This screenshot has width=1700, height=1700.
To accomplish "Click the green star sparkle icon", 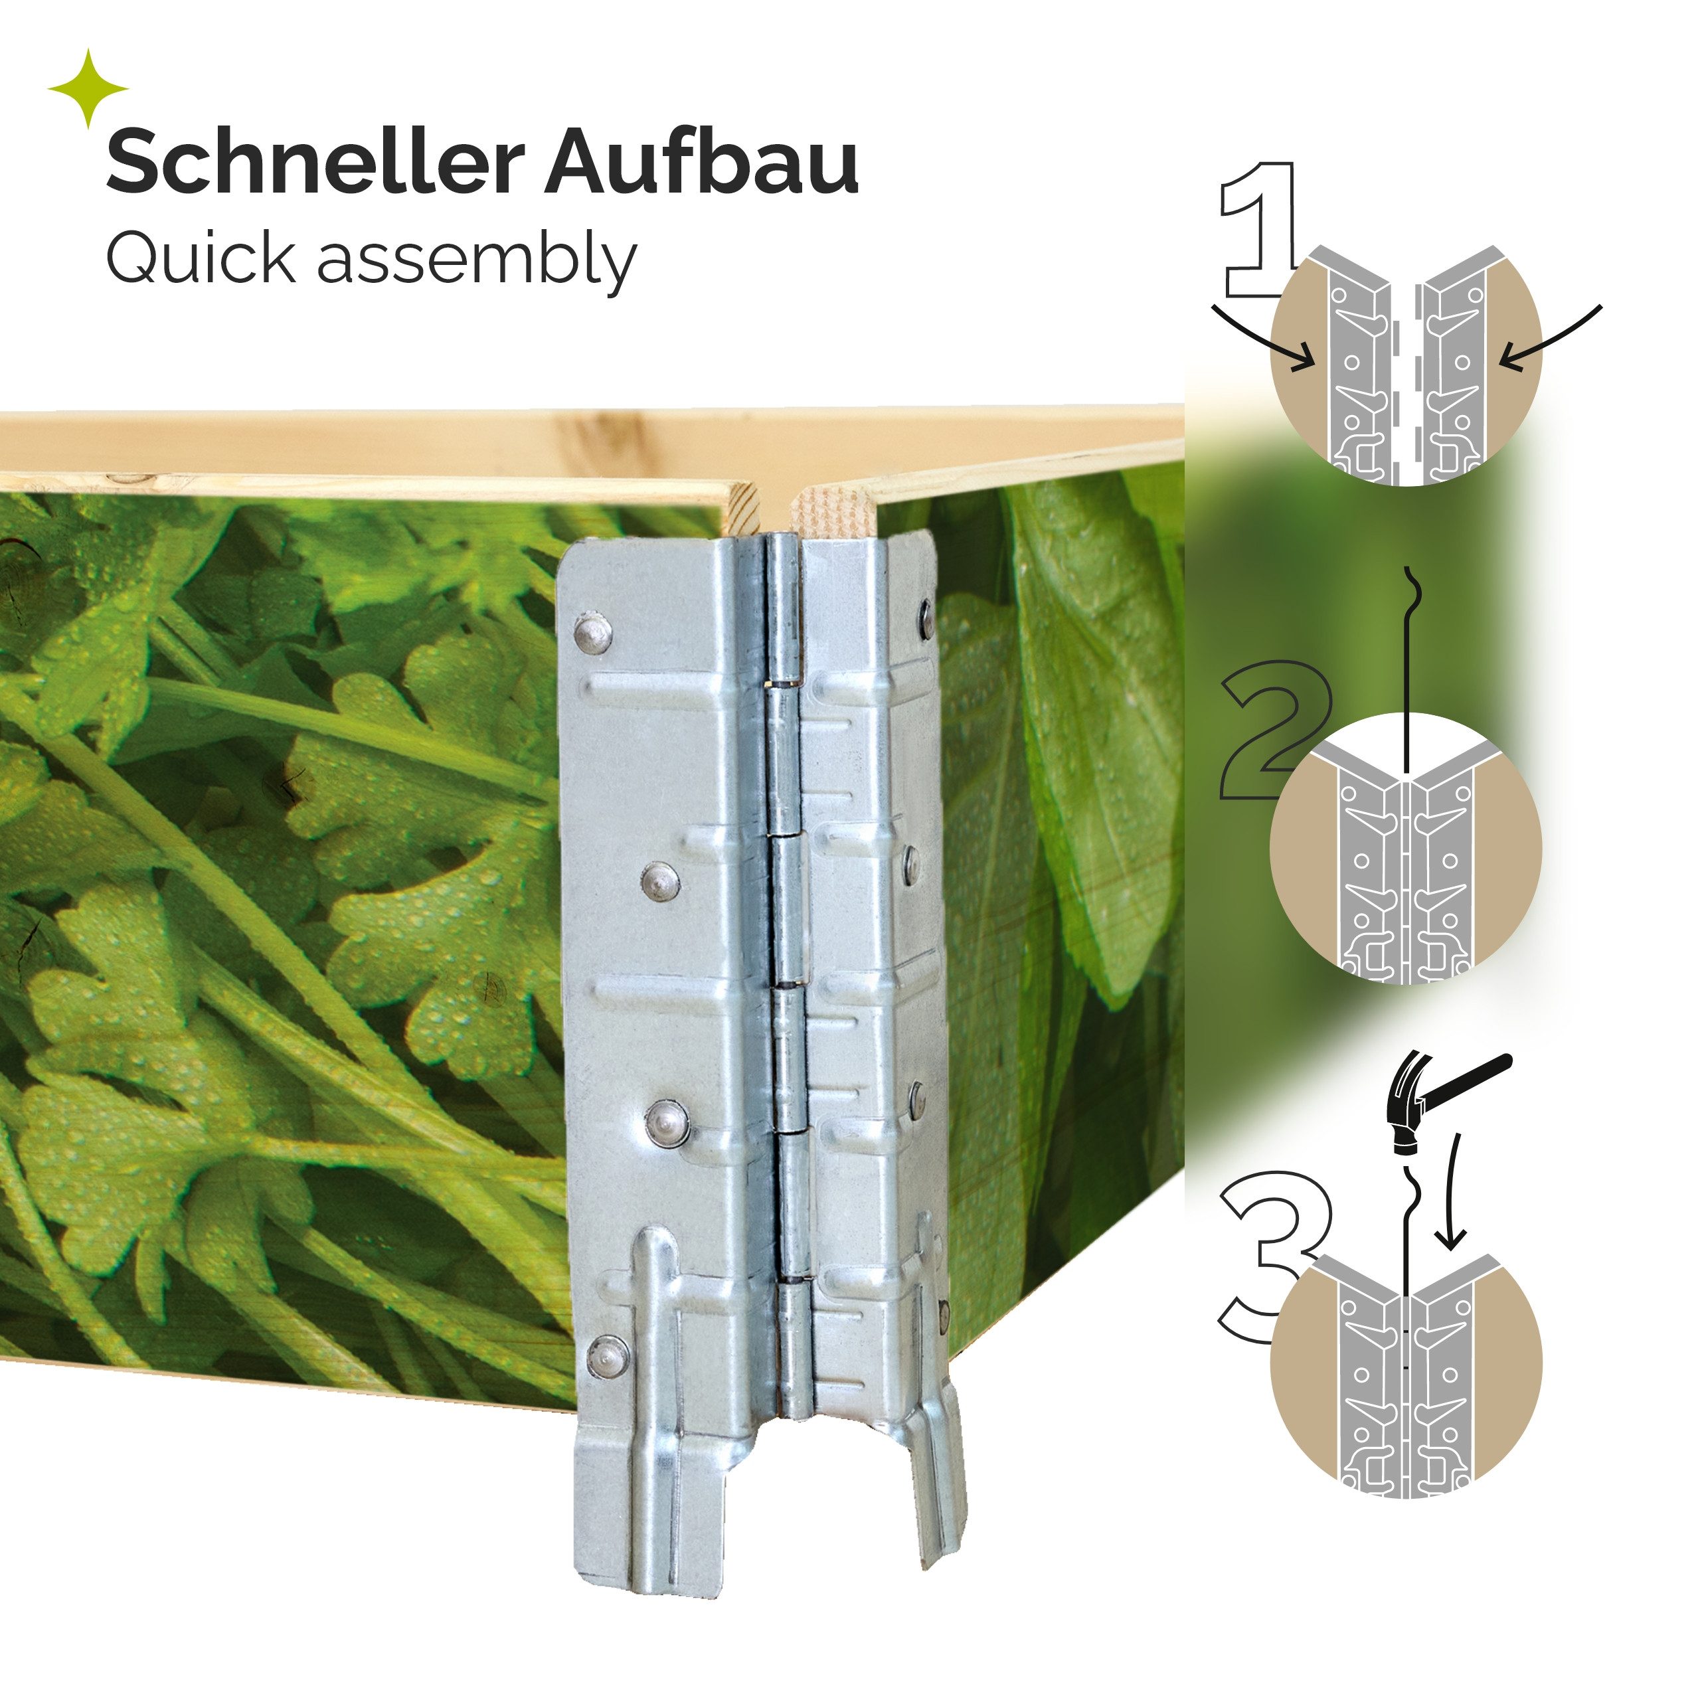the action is point(88,89).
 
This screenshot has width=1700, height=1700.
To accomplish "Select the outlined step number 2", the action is point(1267,730).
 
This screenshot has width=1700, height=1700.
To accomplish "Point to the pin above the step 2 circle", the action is point(1408,669).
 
